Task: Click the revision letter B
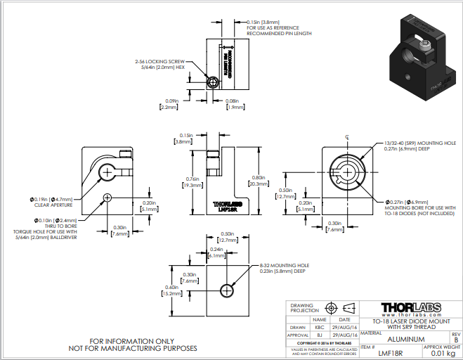[x=455, y=340]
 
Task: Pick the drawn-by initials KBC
[x=320, y=327]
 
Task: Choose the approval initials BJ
[x=320, y=336]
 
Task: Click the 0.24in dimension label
[x=216, y=253]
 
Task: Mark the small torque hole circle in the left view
[x=107, y=197]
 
